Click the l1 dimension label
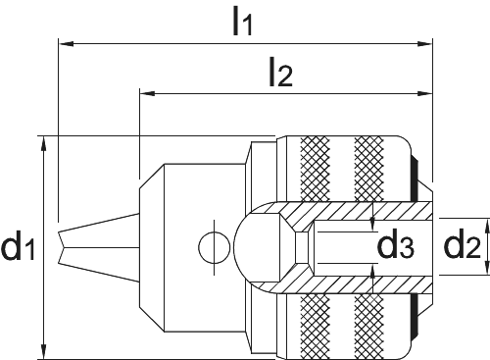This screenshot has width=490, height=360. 242,21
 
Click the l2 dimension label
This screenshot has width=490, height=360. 280,72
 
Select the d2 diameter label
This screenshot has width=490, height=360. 462,242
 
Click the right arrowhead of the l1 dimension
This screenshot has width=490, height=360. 425,43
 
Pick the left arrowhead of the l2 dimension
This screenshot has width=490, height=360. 147,93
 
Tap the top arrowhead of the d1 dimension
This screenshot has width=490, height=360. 44,143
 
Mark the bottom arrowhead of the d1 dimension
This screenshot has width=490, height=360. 44,351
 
